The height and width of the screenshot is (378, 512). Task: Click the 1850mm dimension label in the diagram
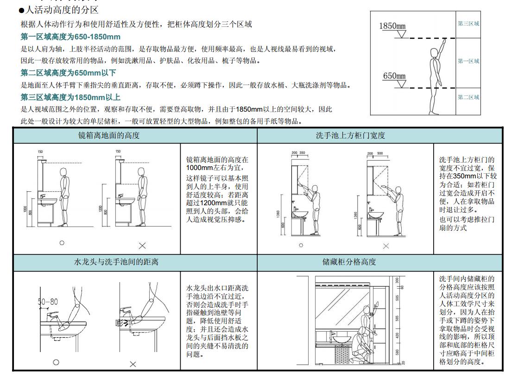click(392, 26)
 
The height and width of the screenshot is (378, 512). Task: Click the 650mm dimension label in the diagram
click(394, 76)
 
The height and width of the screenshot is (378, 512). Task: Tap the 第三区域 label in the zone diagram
click(468, 24)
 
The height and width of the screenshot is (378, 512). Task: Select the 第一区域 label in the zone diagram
click(468, 61)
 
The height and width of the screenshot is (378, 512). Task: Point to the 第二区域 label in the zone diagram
click(468, 97)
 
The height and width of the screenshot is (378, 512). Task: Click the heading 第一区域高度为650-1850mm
click(70, 37)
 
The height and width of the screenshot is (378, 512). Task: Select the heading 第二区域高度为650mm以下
click(68, 73)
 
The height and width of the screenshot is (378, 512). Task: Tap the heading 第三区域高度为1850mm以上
click(70, 97)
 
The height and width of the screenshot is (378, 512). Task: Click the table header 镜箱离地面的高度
click(108, 136)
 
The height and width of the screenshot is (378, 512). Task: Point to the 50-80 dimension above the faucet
click(48, 302)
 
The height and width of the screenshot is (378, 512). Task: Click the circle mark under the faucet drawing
click(56, 362)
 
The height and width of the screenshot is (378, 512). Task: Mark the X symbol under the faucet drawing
click(133, 364)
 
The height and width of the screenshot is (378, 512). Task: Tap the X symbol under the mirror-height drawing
click(142, 245)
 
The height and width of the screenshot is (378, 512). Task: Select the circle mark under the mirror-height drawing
click(62, 243)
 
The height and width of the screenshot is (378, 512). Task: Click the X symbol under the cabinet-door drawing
click(386, 246)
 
